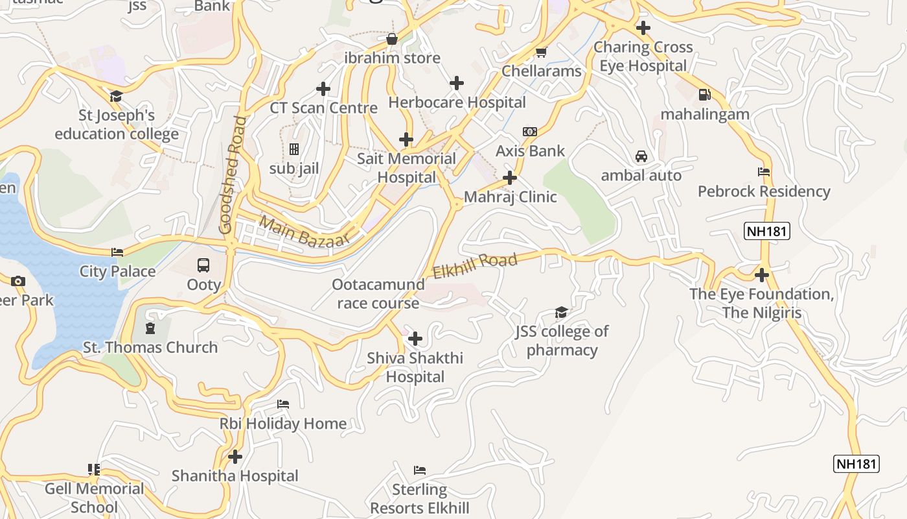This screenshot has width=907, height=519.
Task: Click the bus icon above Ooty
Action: [203, 265]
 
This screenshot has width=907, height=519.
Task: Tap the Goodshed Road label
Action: [233, 175]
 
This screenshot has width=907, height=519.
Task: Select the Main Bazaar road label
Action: [304, 232]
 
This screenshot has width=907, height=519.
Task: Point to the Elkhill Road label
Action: [475, 266]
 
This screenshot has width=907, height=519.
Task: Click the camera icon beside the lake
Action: [18, 281]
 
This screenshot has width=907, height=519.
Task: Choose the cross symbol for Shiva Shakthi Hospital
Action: [415, 339]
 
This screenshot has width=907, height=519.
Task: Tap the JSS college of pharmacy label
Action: [562, 341]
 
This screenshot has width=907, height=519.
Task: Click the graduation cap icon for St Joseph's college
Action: [116, 97]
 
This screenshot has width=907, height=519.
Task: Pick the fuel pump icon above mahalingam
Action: [705, 95]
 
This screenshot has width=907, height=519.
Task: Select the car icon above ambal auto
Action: [641, 156]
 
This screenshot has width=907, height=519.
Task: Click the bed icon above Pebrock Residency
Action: [764, 172]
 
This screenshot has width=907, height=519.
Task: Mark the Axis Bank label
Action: [530, 151]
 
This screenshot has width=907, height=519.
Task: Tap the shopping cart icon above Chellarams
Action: [541, 52]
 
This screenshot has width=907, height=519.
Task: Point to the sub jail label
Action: [294, 169]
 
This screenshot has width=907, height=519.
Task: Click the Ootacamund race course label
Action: [378, 294]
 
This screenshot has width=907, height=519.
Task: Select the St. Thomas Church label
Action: [150, 348]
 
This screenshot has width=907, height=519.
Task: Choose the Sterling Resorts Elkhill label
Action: [420, 498]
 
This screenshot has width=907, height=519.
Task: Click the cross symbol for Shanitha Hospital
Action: [235, 457]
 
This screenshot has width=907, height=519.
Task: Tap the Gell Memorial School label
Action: [94, 498]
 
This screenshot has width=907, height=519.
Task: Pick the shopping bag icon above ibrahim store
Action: [392, 39]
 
